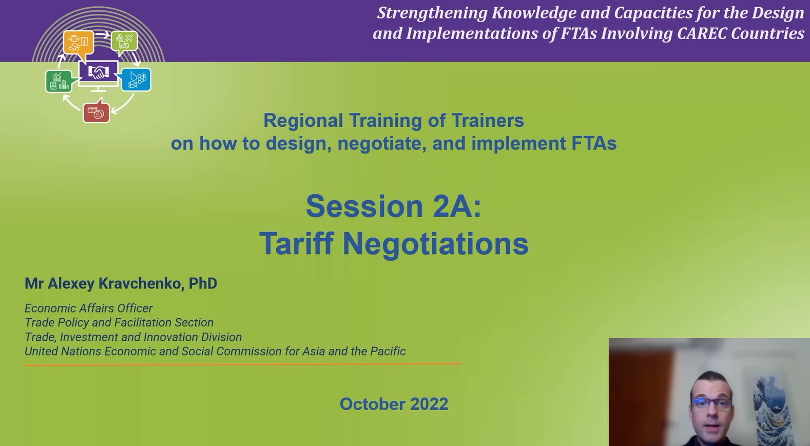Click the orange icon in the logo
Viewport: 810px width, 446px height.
[79, 42]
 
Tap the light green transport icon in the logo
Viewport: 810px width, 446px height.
[124, 41]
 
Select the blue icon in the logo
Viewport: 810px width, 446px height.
[136, 80]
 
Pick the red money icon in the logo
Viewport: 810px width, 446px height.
[96, 112]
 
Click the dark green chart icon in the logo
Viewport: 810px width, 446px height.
[59, 81]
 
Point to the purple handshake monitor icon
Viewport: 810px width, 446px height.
[98, 72]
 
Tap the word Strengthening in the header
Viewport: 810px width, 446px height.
[432, 13]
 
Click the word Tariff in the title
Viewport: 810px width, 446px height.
[296, 243]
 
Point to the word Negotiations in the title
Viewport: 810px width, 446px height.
[435, 243]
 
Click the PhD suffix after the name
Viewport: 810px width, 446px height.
[203, 284]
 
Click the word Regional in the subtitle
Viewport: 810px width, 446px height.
[303, 121]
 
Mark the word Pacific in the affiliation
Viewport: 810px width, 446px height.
[388, 352]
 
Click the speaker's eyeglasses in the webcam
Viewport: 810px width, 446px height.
[711, 403]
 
